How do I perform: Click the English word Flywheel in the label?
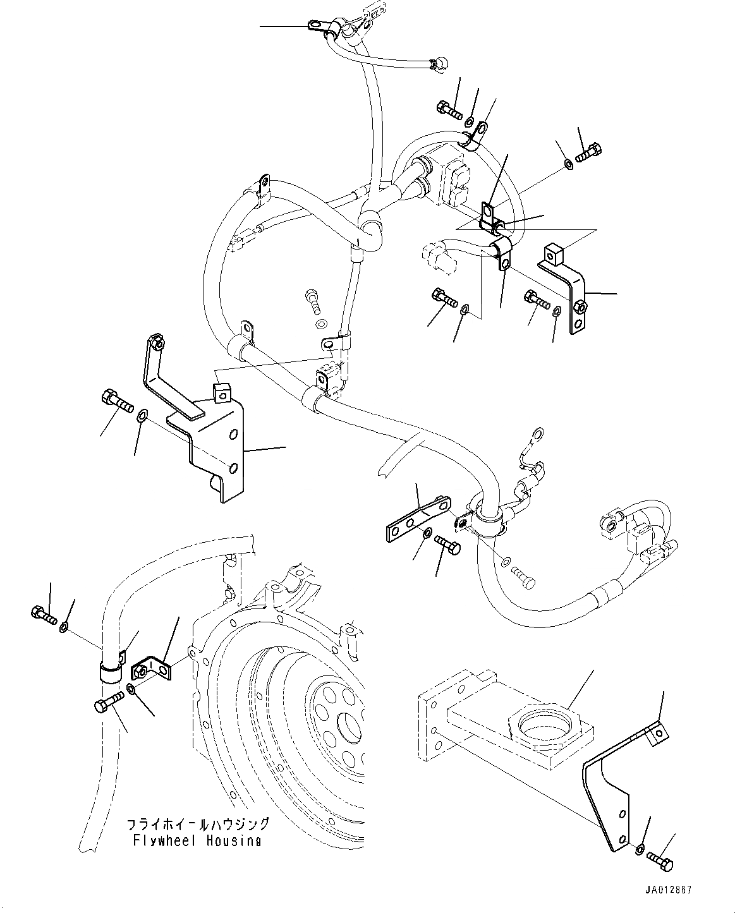pos(158,841)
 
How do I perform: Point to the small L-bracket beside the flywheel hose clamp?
pos(152,670)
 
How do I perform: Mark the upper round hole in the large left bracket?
pos(233,435)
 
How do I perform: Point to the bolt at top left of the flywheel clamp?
pos(43,612)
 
